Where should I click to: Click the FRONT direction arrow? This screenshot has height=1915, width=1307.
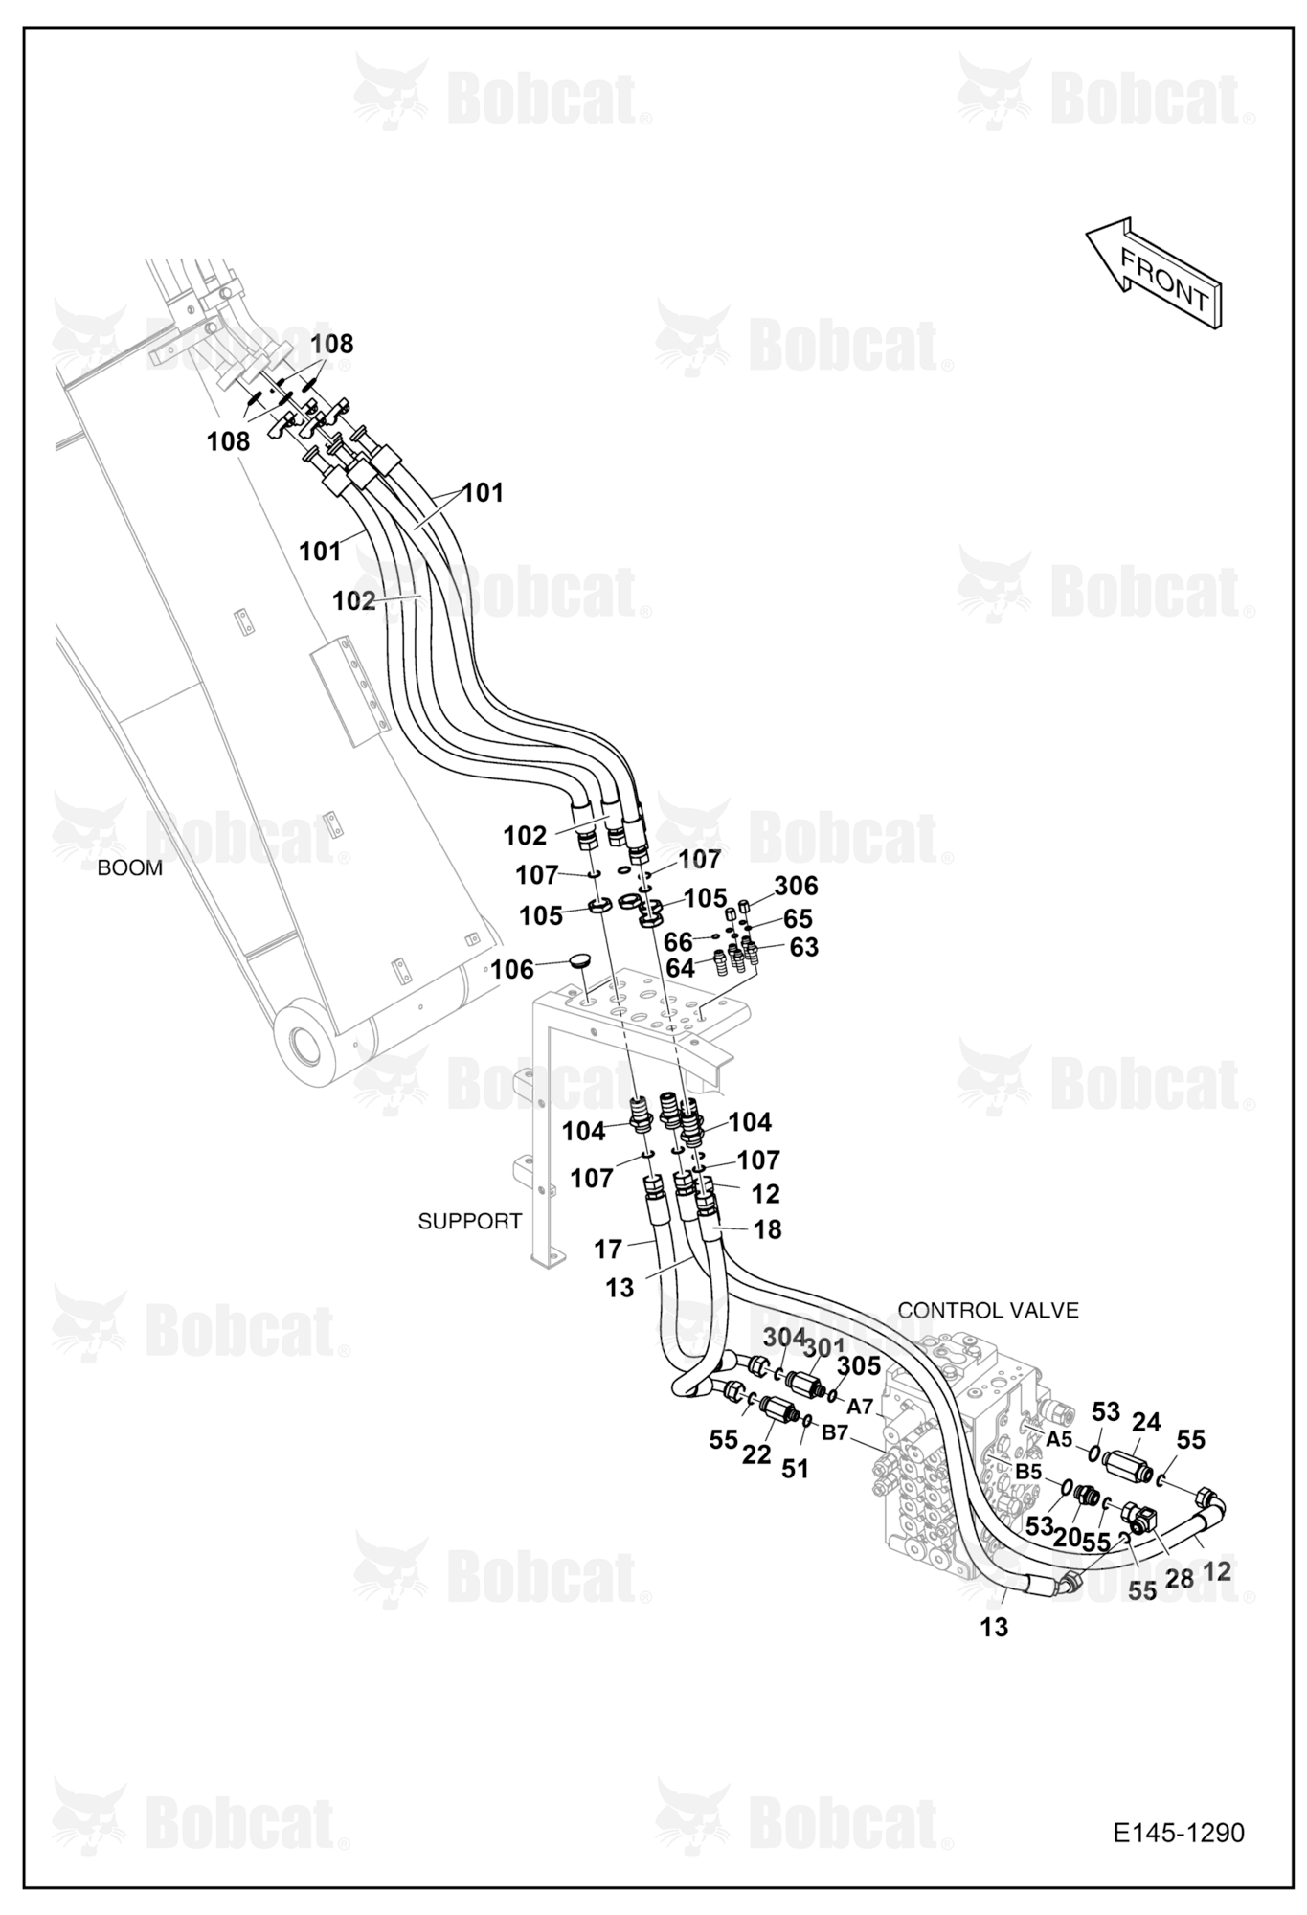pyautogui.click(x=1155, y=272)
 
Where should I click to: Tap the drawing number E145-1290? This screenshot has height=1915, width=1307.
pyautogui.click(x=1179, y=1833)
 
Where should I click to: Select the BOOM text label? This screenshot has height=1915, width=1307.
pyautogui.click(x=130, y=868)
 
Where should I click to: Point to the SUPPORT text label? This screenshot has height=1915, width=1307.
pyautogui.click(x=470, y=1221)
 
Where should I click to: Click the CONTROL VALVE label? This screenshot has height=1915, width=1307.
pyautogui.click(x=988, y=1310)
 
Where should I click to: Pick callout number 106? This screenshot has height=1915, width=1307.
pyautogui.click(x=512, y=970)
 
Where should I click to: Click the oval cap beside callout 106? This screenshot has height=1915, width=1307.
pyautogui.click(x=581, y=958)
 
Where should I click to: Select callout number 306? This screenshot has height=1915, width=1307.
pyautogui.click(x=796, y=886)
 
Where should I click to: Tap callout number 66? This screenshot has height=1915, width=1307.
pyautogui.click(x=678, y=943)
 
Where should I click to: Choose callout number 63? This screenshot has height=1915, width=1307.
pyautogui.click(x=804, y=947)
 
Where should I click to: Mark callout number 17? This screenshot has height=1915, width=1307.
pyautogui.click(x=608, y=1249)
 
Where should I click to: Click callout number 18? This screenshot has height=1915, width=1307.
pyautogui.click(x=768, y=1229)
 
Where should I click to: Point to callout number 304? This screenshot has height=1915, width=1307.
pyautogui.click(x=784, y=1336)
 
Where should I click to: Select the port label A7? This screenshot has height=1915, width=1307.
pyautogui.click(x=861, y=1407)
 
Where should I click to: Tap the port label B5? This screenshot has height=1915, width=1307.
pyautogui.click(x=1028, y=1471)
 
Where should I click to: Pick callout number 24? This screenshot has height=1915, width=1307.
pyautogui.click(x=1146, y=1423)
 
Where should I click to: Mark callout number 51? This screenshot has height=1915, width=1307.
pyautogui.click(x=795, y=1468)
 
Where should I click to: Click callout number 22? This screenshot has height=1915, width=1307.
pyautogui.click(x=756, y=1454)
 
